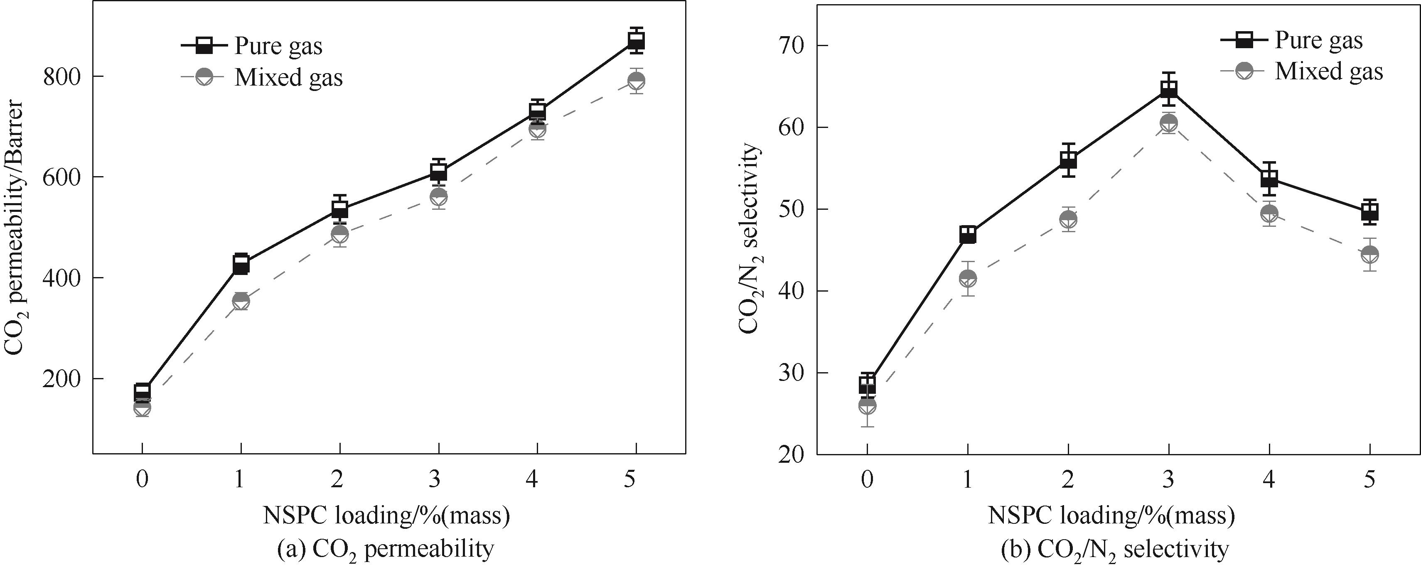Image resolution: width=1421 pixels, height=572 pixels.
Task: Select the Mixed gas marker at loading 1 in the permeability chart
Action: click(x=241, y=301)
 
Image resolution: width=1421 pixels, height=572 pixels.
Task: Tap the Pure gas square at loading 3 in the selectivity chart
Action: click(x=1168, y=89)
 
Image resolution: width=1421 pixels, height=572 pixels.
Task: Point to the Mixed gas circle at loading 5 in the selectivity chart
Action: click(x=1370, y=254)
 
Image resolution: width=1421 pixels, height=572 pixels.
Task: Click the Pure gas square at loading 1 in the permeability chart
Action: click(x=241, y=264)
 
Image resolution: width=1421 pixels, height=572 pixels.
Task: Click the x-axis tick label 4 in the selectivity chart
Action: click(x=1269, y=480)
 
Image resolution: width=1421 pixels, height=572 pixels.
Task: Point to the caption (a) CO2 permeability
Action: click(x=386, y=550)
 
